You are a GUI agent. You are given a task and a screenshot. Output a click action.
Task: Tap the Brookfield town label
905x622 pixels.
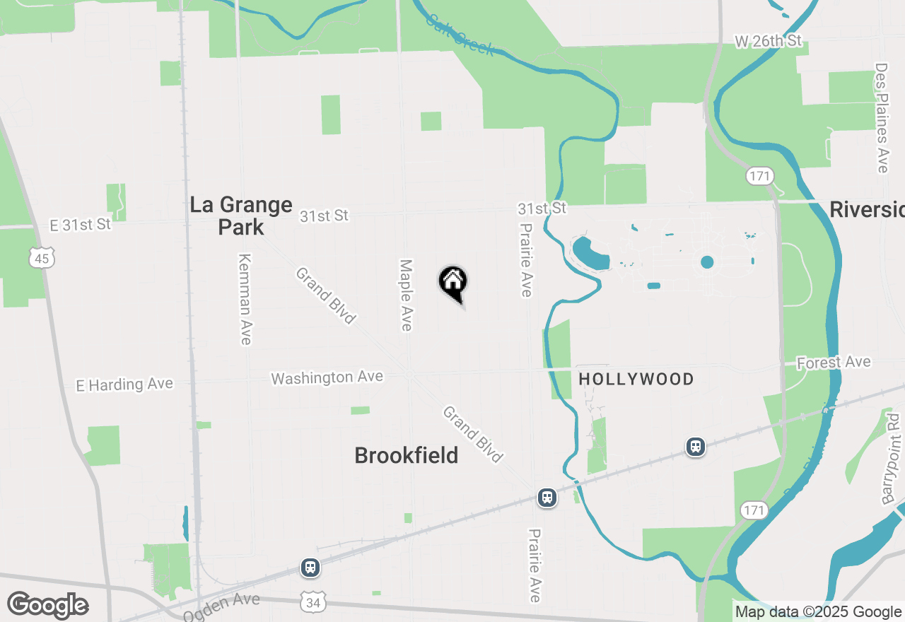coord(406,455)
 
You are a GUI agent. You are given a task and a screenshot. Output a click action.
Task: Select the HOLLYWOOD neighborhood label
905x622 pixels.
coord(636,380)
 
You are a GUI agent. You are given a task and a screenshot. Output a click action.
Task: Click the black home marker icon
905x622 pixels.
coord(452,283)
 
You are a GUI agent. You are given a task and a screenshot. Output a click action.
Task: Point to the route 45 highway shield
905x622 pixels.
coord(42,259)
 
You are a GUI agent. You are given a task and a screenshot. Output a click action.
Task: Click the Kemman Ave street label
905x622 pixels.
coord(245,299)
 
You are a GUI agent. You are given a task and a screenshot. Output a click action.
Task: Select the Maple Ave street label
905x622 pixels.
coord(406,295)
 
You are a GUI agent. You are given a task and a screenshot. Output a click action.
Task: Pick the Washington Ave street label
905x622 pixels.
coord(327,378)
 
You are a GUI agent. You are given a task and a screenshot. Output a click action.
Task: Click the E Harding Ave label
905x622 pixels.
coord(124,385)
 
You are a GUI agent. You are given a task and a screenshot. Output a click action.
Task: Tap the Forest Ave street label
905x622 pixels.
coord(834,363)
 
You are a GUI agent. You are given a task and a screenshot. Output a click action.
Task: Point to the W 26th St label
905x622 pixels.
coord(768,42)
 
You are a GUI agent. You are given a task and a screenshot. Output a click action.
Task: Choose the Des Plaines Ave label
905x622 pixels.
coord(881,117)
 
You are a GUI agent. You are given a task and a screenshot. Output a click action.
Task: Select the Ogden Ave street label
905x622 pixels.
coord(221,607)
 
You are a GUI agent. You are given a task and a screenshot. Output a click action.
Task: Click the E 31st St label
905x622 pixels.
coord(81,225)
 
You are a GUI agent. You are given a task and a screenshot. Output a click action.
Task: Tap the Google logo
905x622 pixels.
coord(47,606)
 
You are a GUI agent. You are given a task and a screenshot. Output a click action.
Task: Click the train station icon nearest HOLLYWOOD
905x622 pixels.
coord(696,446)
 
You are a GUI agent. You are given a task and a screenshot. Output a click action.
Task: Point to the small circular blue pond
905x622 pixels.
coord(707,262)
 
